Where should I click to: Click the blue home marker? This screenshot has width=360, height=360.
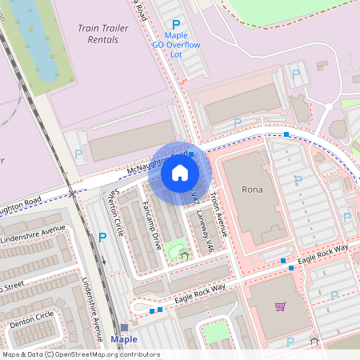pyautogui.click(x=180, y=172)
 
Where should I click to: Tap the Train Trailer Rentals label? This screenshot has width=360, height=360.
pyautogui.click(x=103, y=33)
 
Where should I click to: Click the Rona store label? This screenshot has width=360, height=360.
pyautogui.click(x=252, y=190)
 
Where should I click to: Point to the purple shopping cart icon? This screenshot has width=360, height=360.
pyautogui.click(x=280, y=306)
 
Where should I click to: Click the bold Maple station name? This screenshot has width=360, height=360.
pyautogui.click(x=124, y=339)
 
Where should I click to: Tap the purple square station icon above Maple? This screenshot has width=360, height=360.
pyautogui.click(x=124, y=327)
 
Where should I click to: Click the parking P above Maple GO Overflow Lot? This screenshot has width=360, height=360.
pyautogui.click(x=176, y=26)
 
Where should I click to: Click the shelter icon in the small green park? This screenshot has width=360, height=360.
pyautogui.click(x=185, y=255)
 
